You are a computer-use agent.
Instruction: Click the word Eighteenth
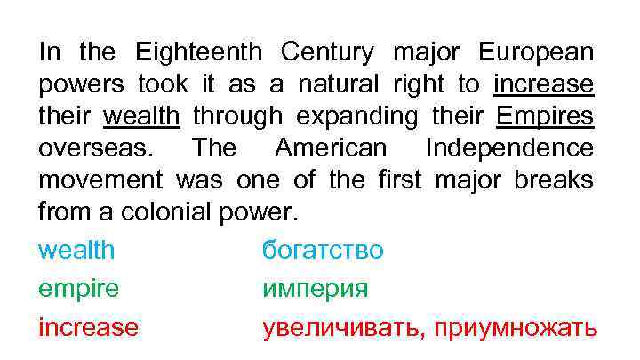[x=198, y=52]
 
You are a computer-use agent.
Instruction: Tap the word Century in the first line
[x=326, y=52]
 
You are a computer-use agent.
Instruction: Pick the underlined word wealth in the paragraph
[x=142, y=116]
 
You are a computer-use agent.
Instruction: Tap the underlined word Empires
[x=545, y=116]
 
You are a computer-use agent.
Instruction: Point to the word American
[x=331, y=148]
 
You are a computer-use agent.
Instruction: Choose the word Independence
[x=509, y=148]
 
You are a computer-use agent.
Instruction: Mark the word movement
[x=100, y=180]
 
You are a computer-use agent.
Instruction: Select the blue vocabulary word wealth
[x=76, y=251]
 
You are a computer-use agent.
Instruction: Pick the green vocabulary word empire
[x=78, y=289]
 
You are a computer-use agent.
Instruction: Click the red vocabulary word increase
[x=88, y=327]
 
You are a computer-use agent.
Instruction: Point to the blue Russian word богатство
[x=323, y=251]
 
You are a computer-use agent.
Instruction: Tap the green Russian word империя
[x=315, y=289]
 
